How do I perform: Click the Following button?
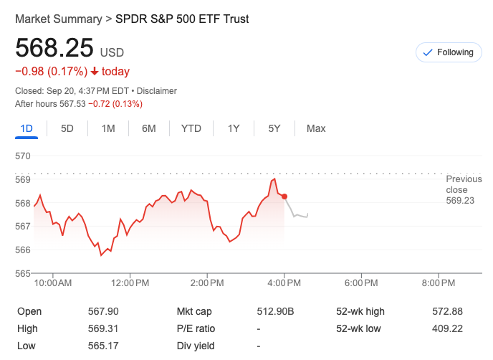coord(448,52)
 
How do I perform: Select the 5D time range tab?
coord(67,128)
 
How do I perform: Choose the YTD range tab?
coord(191,128)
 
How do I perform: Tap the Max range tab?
coord(316,128)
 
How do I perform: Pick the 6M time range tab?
coord(149,128)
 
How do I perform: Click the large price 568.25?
coord(54,48)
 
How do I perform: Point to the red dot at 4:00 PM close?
coord(285,196)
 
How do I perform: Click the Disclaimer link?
coord(157,91)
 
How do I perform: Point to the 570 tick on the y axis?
coord(23,156)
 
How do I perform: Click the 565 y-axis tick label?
coord(23,273)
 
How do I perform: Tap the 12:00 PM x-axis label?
coord(130,283)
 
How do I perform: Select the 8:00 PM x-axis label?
coord(439,283)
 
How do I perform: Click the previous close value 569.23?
coord(460,201)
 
